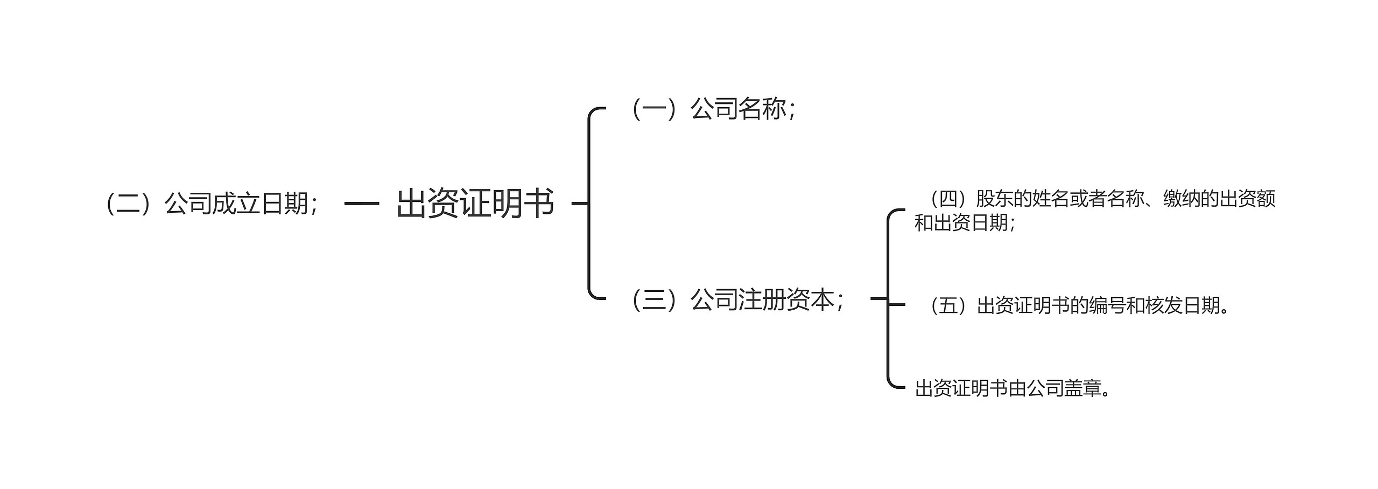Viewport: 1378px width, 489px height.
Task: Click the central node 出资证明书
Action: pos(475,204)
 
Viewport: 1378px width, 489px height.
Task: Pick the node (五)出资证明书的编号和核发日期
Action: pos(1077,306)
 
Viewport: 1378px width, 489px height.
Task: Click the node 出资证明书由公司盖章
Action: pos(1012,388)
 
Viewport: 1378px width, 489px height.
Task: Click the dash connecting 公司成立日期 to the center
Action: pos(362,204)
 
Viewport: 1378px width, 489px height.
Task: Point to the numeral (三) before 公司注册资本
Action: pos(655,300)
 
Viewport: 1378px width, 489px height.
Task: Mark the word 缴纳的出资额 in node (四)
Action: pos(1219,199)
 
